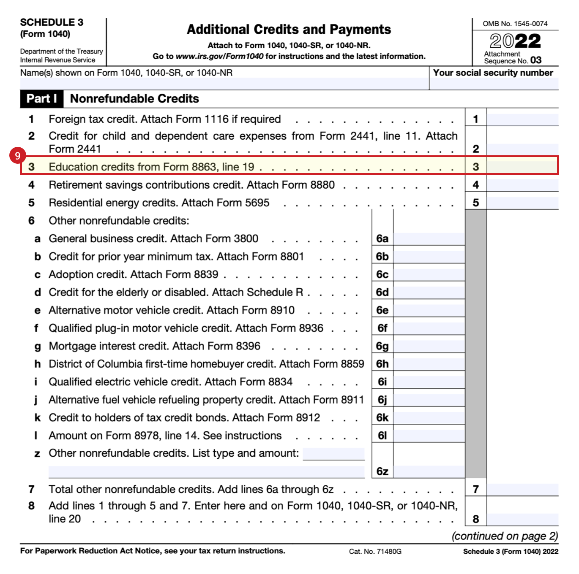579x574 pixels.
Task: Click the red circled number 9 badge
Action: pyautogui.click(x=17, y=156)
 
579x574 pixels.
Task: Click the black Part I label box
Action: pyautogui.click(x=41, y=99)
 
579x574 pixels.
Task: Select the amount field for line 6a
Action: pyautogui.click(x=429, y=239)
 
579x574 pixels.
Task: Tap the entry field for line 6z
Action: pyautogui.click(x=429, y=471)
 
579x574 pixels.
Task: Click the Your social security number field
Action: pyautogui.click(x=493, y=84)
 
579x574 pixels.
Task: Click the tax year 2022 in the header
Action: pyautogui.click(x=515, y=41)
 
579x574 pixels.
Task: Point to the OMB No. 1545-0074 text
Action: pyautogui.click(x=515, y=24)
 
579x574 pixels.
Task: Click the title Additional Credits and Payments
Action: pyautogui.click(x=289, y=30)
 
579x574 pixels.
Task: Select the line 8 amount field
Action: pyautogui.click(x=522, y=519)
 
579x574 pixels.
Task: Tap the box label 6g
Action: pyautogui.click(x=382, y=347)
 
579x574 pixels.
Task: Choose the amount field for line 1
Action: pyautogui.click(x=522, y=119)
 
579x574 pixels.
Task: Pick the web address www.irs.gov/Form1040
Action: pyautogui.click(x=219, y=57)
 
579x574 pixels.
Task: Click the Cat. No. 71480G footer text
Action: pyautogui.click(x=375, y=551)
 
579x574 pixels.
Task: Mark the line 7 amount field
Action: pyautogui.click(x=522, y=490)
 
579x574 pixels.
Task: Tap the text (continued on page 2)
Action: pyautogui.click(x=505, y=536)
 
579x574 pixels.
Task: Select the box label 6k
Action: pyautogui.click(x=382, y=418)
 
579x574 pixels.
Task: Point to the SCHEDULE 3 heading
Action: pyautogui.click(x=52, y=22)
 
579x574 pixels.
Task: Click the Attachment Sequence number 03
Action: pyautogui.click(x=535, y=60)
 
